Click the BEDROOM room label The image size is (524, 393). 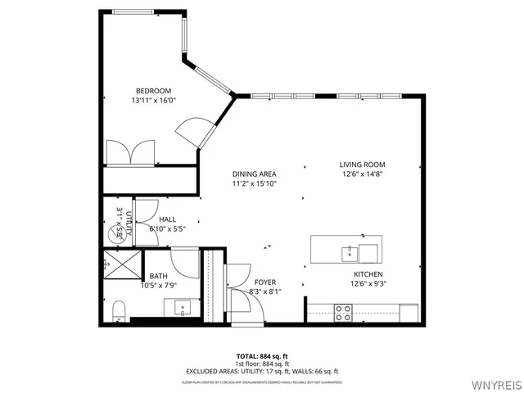coord(153,90)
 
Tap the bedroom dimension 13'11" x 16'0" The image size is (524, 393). coord(153,101)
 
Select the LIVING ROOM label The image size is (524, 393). coord(361,165)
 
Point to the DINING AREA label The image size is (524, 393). coord(254,174)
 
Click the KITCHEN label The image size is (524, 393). coord(368,274)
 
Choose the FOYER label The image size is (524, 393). coord(264,282)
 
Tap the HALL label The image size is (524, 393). coord(167,219)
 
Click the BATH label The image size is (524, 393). coord(158,277)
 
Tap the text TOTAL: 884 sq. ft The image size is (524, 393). coord(261,356)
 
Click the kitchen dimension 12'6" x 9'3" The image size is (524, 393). coord(368,284)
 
